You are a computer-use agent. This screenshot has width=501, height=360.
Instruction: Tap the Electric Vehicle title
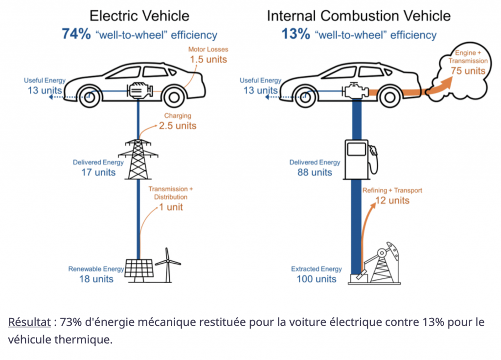click(x=139, y=16)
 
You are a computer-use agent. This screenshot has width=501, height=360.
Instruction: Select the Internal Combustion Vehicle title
click(x=358, y=16)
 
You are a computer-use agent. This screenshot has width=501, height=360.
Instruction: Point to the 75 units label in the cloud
click(x=468, y=71)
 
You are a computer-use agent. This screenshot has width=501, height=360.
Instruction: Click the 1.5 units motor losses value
click(x=208, y=59)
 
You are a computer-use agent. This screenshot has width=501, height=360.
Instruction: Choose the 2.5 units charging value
click(x=177, y=126)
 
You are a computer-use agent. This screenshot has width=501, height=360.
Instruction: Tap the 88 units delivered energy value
click(x=314, y=172)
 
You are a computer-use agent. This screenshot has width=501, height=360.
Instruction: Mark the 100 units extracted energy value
click(x=317, y=279)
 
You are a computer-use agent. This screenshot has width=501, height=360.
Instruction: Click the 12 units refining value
click(x=392, y=200)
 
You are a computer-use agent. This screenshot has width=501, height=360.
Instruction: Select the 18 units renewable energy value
click(x=96, y=279)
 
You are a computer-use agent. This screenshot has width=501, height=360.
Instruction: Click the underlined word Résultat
click(x=29, y=322)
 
